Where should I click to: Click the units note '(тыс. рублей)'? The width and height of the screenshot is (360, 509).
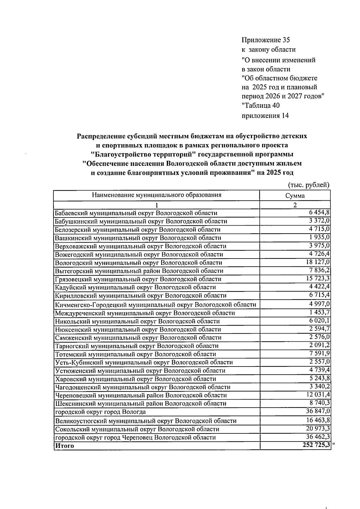[x=309, y=185]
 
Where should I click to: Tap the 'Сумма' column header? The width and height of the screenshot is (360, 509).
[x=295, y=196]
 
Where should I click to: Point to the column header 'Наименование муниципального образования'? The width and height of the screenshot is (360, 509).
[x=156, y=195]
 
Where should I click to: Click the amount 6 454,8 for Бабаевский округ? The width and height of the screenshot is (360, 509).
[x=319, y=212]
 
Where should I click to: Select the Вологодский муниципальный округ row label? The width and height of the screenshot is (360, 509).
[x=138, y=263]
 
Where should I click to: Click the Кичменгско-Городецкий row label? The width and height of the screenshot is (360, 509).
[x=155, y=305]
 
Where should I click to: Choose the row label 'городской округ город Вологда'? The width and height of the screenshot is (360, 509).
[x=100, y=412]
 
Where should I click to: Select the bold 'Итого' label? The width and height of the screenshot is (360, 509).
[x=64, y=446]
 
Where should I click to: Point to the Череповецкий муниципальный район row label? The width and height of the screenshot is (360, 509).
[x=141, y=395]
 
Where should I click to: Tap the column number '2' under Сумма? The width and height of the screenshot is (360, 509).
[x=295, y=205]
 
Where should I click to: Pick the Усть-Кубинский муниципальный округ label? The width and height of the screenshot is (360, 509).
[x=144, y=362]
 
